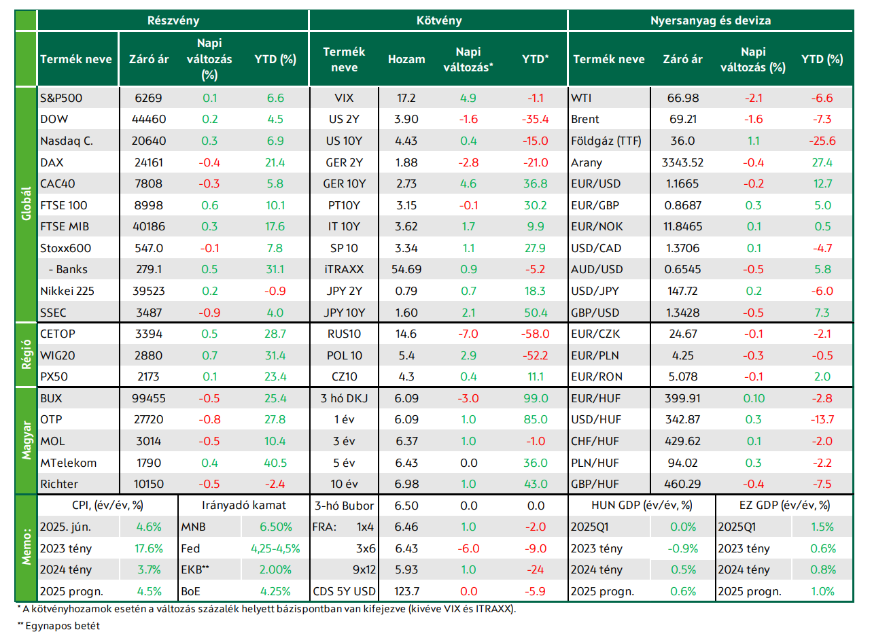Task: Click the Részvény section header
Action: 173,20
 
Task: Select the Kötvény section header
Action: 439,20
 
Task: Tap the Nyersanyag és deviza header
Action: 710,20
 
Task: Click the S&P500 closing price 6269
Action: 148,98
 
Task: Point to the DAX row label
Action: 52,162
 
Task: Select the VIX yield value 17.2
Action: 406,98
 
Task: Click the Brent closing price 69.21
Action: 683,119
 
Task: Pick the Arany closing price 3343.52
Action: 683,162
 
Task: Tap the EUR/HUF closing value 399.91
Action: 683,398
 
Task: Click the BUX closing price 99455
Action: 148,398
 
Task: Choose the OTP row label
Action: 51,419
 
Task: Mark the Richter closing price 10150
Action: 148,484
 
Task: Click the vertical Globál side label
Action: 26,204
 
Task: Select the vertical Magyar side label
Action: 26,440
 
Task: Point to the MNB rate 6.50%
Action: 276,527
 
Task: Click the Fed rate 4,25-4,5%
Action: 276,549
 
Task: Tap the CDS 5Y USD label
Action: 344,592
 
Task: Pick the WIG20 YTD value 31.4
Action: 275,355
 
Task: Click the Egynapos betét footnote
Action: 58,626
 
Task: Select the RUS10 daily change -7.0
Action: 468,334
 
